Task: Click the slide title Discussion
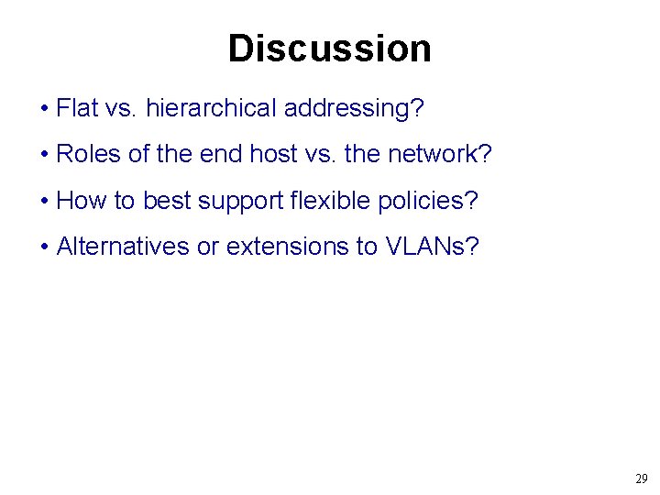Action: pyautogui.click(x=329, y=49)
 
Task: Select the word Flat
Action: pyautogui.click(x=78, y=108)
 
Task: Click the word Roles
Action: pyautogui.click(x=89, y=154)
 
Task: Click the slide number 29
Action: pyautogui.click(x=641, y=478)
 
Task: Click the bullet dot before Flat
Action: pyautogui.click(x=45, y=109)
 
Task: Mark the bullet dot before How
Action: pyautogui.click(x=45, y=201)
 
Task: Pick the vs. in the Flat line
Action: pyautogui.click(x=122, y=108)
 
